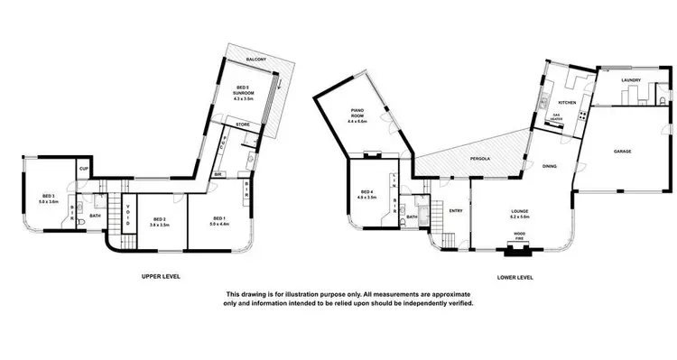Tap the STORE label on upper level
(243, 125)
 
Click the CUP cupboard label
(83, 169)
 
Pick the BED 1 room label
(219, 220)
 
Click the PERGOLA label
(479, 159)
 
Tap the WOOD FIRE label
(520, 235)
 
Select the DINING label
(550, 166)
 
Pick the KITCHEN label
(567, 102)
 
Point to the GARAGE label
(622, 151)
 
